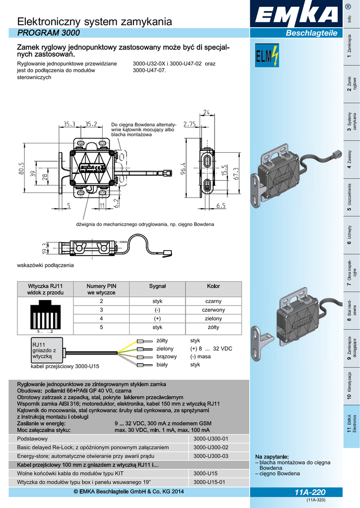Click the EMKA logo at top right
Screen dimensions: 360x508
[x=296, y=14]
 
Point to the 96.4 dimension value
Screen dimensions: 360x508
[x=183, y=168]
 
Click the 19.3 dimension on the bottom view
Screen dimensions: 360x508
[x=44, y=249]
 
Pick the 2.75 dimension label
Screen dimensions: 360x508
[x=189, y=124]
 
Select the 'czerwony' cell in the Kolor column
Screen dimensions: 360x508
[x=214, y=310]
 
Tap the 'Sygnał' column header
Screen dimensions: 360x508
[x=157, y=286]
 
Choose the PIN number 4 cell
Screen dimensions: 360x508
[x=101, y=318]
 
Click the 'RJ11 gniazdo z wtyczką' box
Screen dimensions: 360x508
[x=47, y=350]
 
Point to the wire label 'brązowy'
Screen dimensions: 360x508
[x=167, y=356]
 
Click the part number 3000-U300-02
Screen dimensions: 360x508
[x=211, y=447]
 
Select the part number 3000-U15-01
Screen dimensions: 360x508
[x=209, y=482]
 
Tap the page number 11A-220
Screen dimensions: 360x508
[x=310, y=492]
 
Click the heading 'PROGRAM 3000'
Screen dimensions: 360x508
[x=48, y=33]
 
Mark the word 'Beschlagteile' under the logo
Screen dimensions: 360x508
[x=311, y=33]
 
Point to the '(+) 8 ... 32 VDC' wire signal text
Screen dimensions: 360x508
[x=211, y=349]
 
